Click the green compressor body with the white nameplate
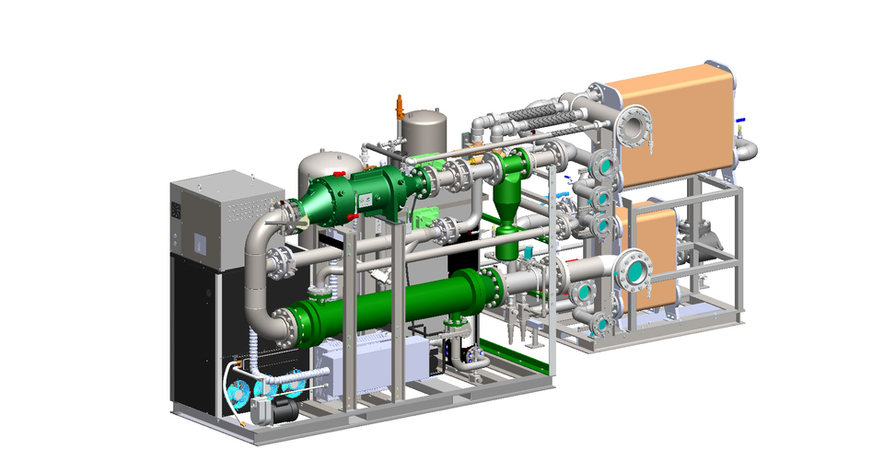tap(345, 198)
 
